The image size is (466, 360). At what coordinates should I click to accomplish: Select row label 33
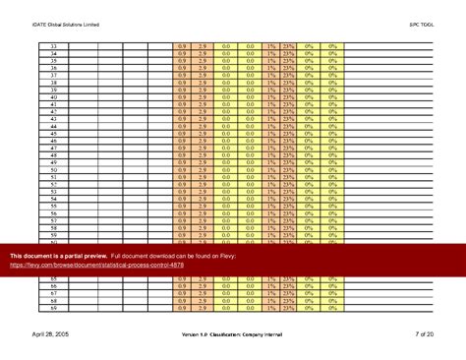pos(53,45)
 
